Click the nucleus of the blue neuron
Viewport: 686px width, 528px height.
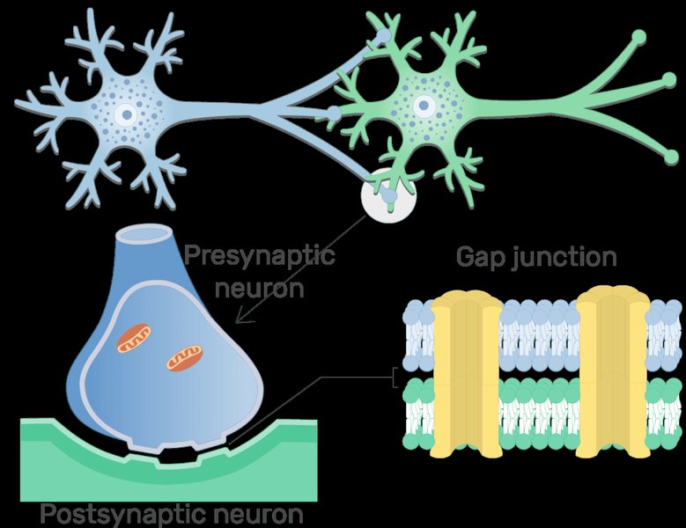pos(127,115)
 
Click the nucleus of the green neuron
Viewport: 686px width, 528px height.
pos(424,106)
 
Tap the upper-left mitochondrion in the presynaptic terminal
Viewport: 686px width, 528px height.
pos(134,338)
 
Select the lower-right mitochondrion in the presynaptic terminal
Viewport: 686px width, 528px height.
pos(185,358)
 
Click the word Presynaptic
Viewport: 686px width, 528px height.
pos(260,255)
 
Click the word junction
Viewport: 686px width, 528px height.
pos(564,257)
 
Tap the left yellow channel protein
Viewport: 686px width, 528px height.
pos(467,374)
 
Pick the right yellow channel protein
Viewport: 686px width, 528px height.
pos(613,373)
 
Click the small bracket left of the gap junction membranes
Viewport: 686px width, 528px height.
pos(395,377)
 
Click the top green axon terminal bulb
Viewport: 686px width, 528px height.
pos(639,36)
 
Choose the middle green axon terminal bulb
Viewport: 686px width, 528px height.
pos(669,79)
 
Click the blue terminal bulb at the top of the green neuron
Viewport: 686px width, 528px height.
pos(384,35)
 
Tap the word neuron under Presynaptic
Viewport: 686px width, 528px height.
pos(260,289)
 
